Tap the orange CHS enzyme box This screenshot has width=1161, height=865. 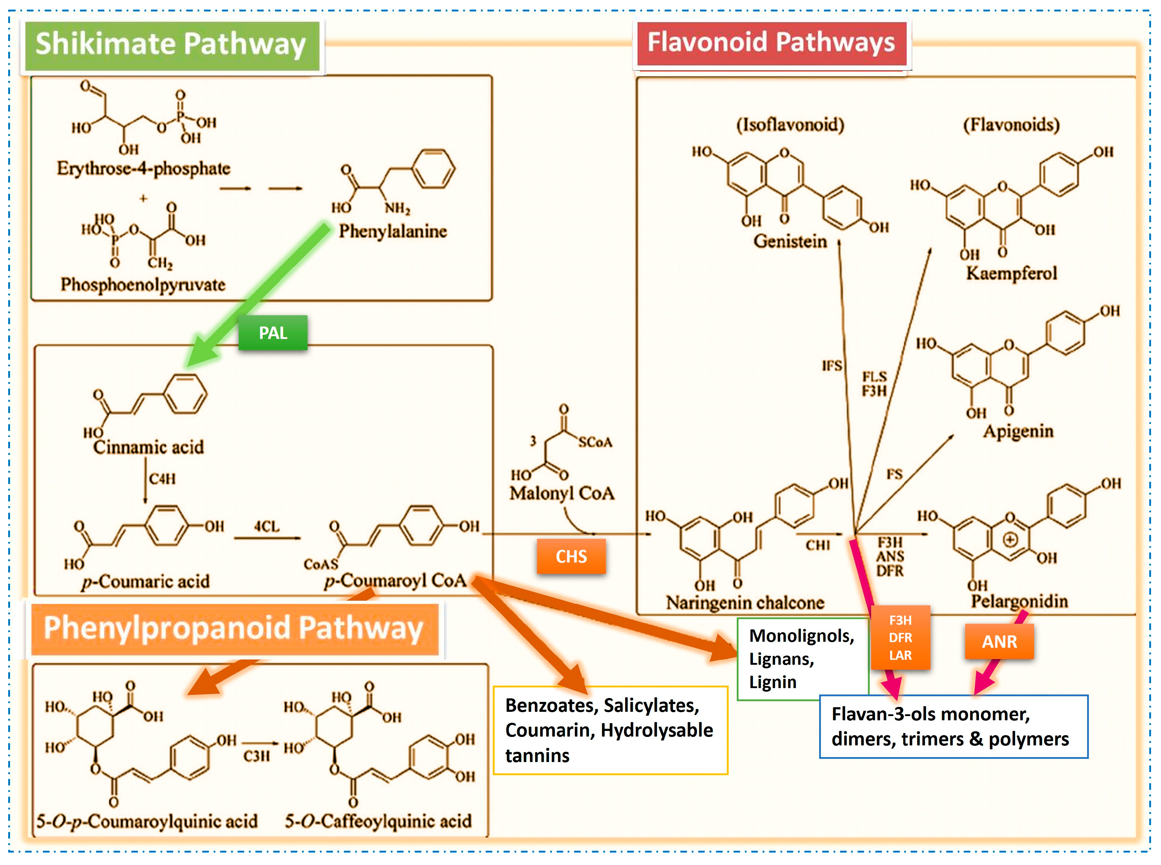point(571,556)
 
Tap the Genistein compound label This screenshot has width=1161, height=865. point(790,241)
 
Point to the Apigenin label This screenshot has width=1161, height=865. point(1017,432)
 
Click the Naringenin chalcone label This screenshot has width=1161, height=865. point(745,603)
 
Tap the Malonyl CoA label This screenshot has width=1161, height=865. point(562,493)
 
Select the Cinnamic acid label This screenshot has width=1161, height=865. point(148,447)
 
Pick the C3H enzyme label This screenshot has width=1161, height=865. point(256,756)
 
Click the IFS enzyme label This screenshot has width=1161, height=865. point(832,365)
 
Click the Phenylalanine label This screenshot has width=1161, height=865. point(393,231)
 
